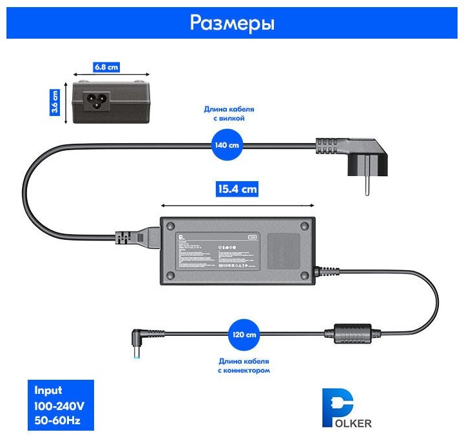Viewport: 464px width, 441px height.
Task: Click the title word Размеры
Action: [232, 23]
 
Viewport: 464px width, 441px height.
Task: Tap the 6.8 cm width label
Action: [107, 66]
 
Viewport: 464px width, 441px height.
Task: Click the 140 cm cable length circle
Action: [226, 144]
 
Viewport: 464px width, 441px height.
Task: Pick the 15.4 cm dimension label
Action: [237, 189]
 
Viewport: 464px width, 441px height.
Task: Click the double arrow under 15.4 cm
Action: [237, 206]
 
